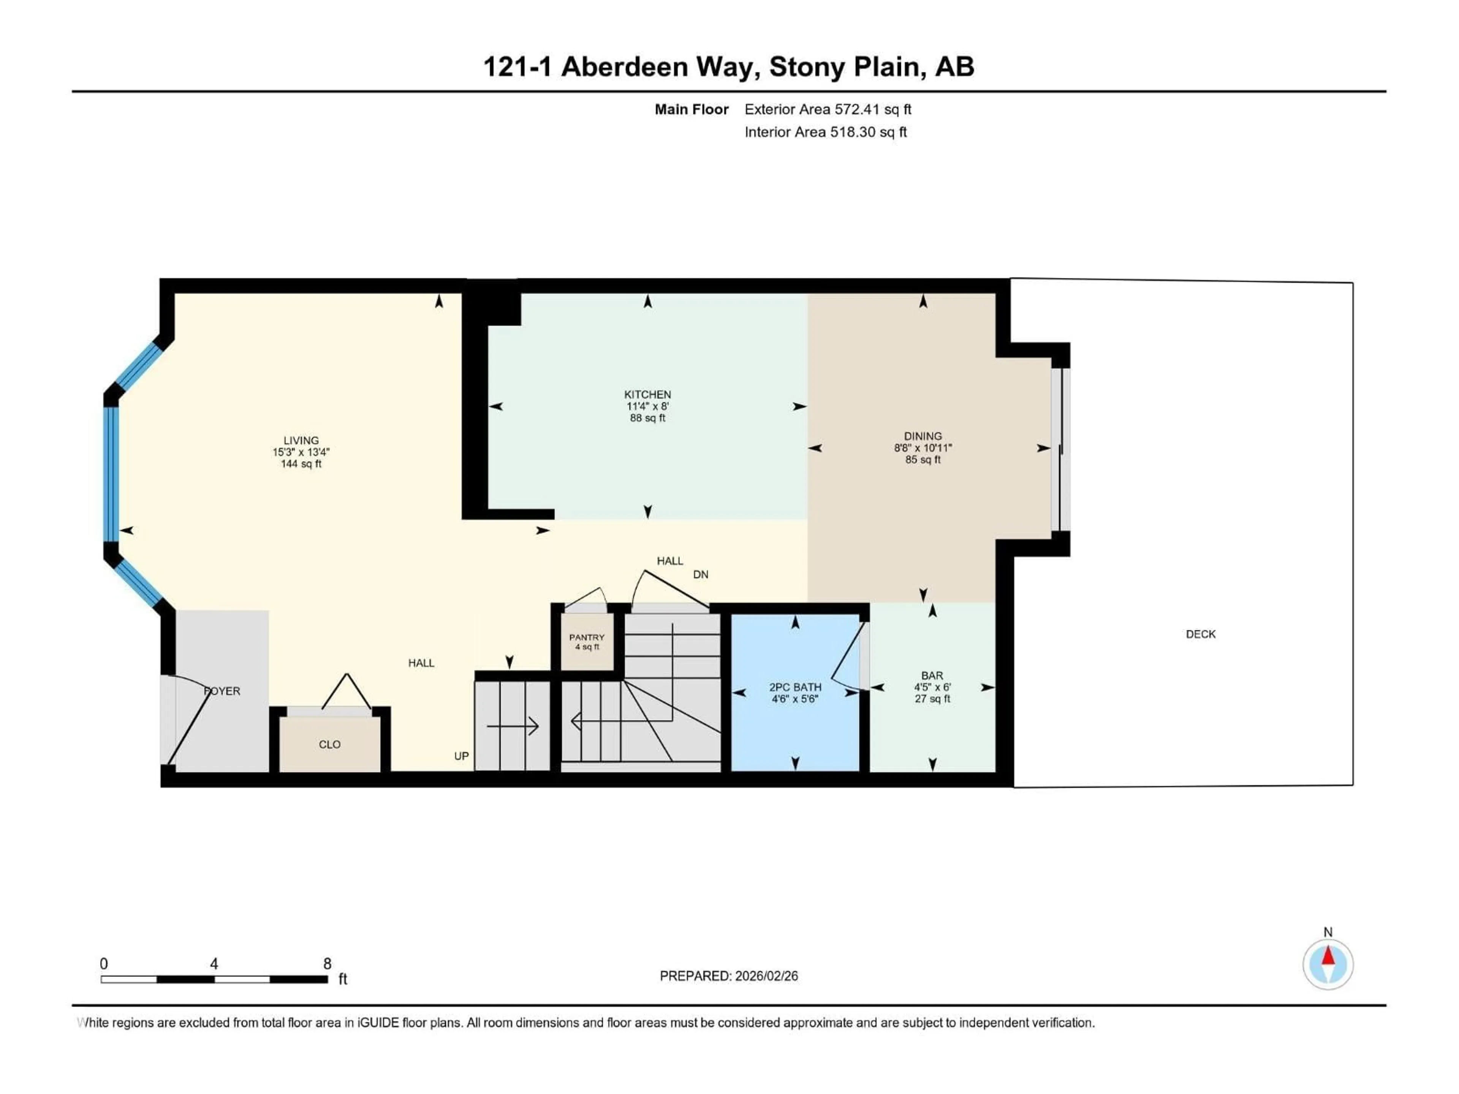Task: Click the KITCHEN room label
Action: point(647,394)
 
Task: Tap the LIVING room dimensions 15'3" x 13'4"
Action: point(301,452)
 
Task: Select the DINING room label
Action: point(923,436)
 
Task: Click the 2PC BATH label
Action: point(795,687)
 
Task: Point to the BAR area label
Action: point(932,675)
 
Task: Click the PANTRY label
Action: point(586,637)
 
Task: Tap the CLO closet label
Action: point(329,745)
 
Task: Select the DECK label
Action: point(1200,634)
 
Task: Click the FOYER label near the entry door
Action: point(222,691)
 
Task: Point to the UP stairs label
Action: point(461,756)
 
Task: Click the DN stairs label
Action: point(701,574)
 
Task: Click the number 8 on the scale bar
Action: point(327,963)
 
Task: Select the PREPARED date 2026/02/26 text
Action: point(728,976)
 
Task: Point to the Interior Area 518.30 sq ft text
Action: point(825,132)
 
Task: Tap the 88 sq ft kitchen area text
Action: point(647,418)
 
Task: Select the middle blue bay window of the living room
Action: point(111,475)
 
